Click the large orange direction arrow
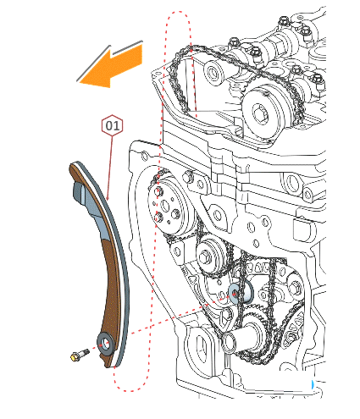pos(113,66)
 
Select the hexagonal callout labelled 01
pos(113,125)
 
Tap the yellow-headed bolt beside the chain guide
pos(80,355)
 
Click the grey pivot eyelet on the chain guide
pos(106,343)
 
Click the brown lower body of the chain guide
pos(112,288)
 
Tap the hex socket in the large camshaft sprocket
pos(260,113)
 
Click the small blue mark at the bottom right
pos(313,384)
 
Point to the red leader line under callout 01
pos(110,168)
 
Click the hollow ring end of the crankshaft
pos(230,342)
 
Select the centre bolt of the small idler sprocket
pos(206,257)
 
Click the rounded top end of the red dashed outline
pos(179,13)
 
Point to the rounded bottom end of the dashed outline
pos(130,389)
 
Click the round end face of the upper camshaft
pos(213,73)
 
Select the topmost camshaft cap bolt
pos(283,20)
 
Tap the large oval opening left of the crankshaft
pos(201,350)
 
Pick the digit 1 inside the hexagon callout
pos(116,125)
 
